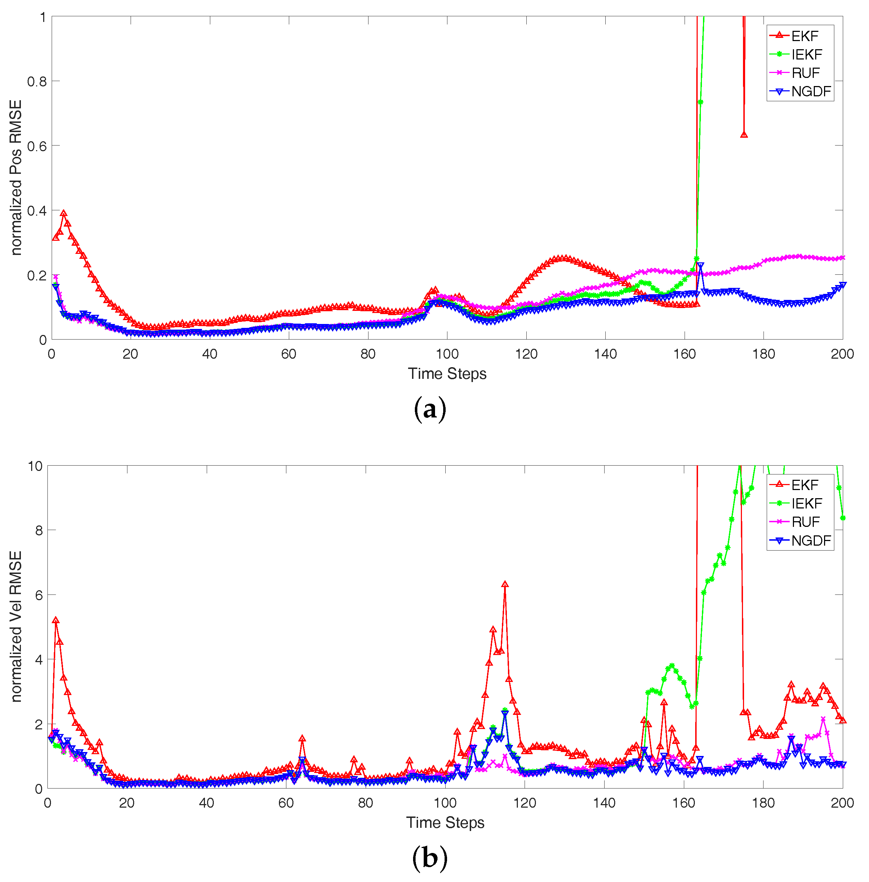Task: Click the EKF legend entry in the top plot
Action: click(x=805, y=36)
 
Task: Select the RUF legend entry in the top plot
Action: click(x=805, y=73)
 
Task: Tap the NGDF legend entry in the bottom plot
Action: click(x=811, y=541)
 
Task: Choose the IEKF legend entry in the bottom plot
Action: click(x=806, y=503)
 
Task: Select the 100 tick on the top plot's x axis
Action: click(x=447, y=354)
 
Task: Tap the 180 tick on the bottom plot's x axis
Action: click(x=763, y=803)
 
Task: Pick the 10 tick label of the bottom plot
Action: click(x=35, y=466)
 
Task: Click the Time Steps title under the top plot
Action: click(x=447, y=374)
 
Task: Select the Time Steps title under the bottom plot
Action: click(x=445, y=823)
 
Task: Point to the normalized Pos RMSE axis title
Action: click(x=16, y=178)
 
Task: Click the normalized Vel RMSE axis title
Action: click(x=16, y=626)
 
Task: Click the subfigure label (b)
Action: click(x=429, y=858)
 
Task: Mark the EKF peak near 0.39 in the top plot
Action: click(x=63, y=214)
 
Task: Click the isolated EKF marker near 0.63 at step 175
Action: click(x=744, y=135)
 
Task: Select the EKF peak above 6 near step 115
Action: click(x=505, y=584)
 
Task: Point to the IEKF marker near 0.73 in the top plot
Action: click(x=701, y=102)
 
